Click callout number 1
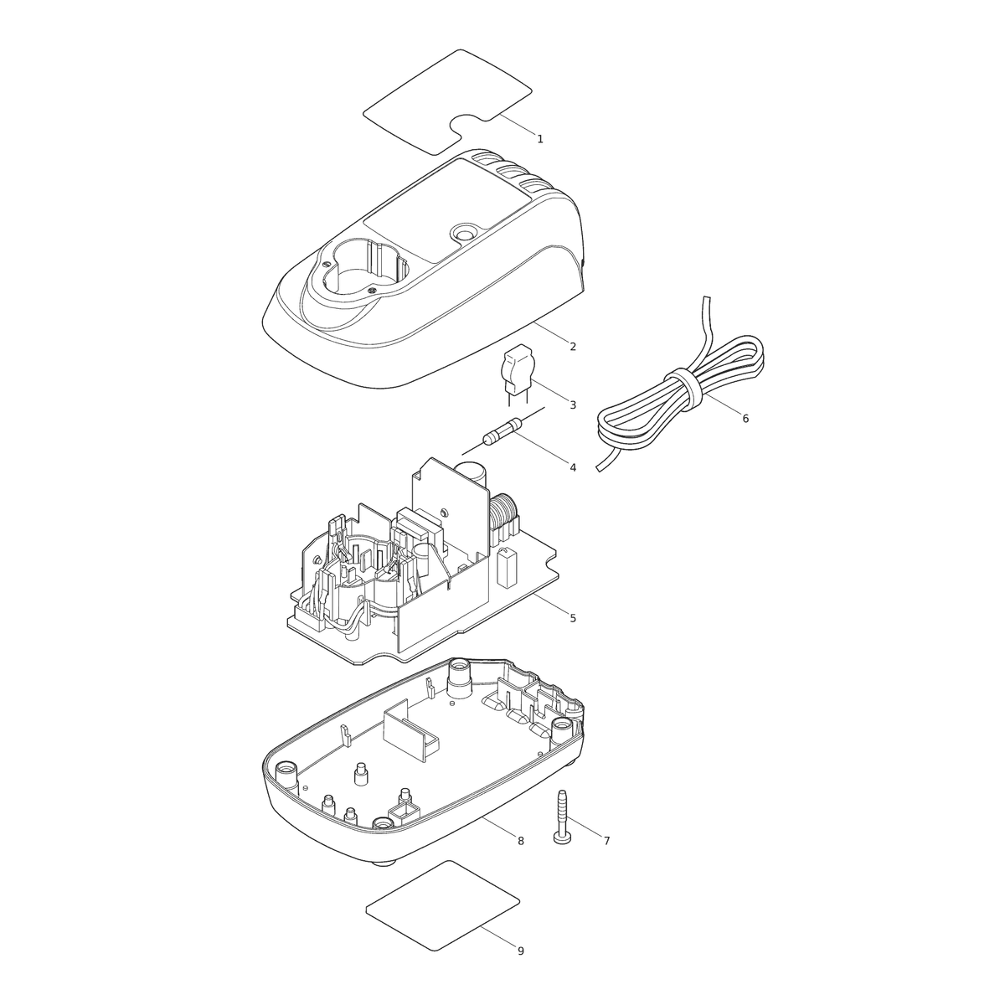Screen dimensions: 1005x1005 click(540, 139)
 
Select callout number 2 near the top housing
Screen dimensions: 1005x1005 click(573, 346)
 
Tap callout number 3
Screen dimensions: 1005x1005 click(573, 405)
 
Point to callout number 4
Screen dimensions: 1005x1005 click(573, 468)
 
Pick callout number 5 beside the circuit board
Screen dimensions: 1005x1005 click(573, 619)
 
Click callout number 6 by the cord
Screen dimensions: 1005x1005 click(745, 418)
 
